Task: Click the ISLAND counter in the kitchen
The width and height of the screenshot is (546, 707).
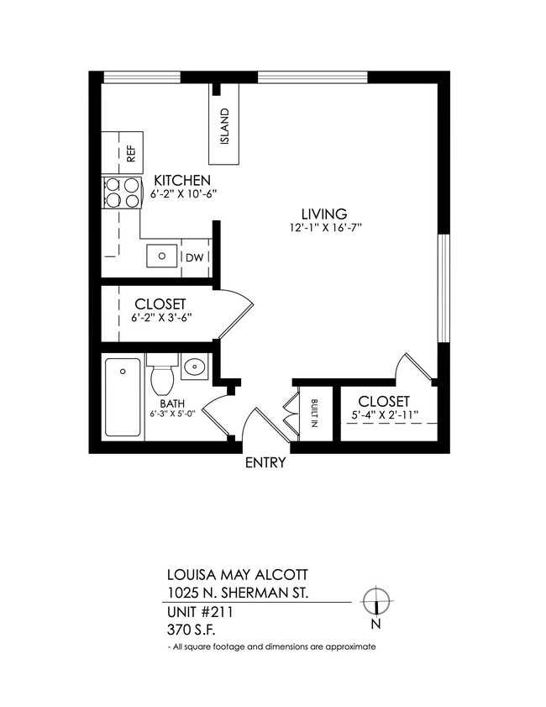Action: coord(224,124)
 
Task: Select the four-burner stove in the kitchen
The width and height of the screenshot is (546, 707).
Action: coord(122,193)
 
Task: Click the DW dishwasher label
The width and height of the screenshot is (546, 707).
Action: coord(194,257)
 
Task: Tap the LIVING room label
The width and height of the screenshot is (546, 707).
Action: coord(324,214)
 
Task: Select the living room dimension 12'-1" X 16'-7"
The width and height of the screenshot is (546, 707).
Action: coord(324,228)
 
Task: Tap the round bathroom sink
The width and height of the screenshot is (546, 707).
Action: coord(194,367)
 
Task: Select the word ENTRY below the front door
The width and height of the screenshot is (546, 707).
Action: coord(265,463)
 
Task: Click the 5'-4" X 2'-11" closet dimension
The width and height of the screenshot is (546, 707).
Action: coord(383,416)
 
